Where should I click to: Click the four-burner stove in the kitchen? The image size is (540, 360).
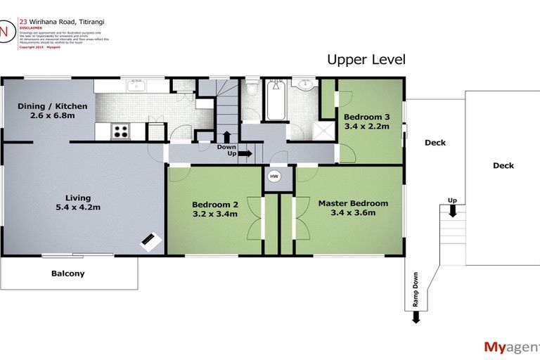(x=120, y=131)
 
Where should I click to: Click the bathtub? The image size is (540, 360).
(x=274, y=102)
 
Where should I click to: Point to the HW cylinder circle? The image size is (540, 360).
(x=274, y=177)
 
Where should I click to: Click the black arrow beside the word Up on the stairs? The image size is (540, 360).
(x=245, y=153)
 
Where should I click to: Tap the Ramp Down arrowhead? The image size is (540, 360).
(x=416, y=317)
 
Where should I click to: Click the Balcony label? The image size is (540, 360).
(x=68, y=274)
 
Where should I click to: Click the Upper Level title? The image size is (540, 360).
(x=366, y=60)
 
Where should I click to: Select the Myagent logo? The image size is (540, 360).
(x=509, y=346)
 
